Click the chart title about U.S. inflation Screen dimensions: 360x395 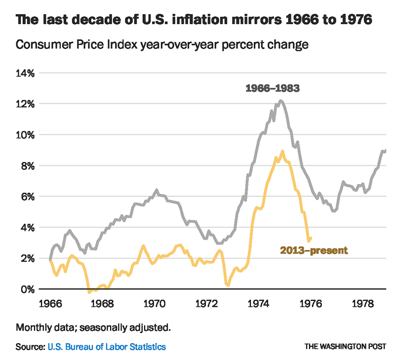[x=194, y=21]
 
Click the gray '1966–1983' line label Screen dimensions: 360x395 [x=273, y=89]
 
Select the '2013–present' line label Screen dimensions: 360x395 [x=314, y=251]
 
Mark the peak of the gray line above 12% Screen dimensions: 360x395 [x=280, y=101]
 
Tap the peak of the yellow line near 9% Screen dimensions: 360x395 [x=282, y=151]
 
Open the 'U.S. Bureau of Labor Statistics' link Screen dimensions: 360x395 [x=107, y=347]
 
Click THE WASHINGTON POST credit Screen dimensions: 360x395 [x=345, y=347]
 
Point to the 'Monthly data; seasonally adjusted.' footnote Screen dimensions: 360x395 [x=93, y=327]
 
